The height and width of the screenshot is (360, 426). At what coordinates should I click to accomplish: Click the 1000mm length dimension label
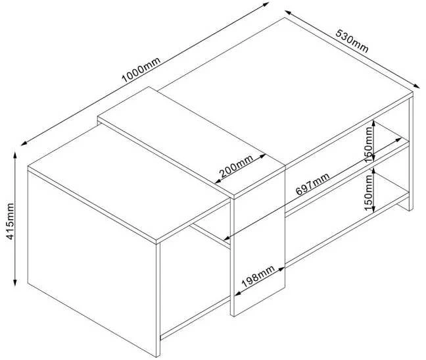[x=141, y=70]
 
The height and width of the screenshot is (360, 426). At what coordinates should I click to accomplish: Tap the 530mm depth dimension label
[x=352, y=41]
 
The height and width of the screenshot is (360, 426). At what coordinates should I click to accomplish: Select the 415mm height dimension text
[x=10, y=221]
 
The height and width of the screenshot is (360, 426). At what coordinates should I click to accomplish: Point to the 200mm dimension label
[x=237, y=166]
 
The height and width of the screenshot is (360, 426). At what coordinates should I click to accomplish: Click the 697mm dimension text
[x=312, y=184]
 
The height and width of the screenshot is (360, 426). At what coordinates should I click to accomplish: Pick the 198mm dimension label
[x=258, y=276]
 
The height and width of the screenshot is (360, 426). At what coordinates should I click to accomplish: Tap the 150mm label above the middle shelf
[x=369, y=144]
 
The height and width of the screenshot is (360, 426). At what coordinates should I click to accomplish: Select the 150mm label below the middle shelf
[x=368, y=193]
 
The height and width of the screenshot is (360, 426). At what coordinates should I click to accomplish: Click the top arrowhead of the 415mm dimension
[x=15, y=155]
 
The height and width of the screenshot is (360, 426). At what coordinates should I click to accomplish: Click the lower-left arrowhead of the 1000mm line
[x=24, y=143]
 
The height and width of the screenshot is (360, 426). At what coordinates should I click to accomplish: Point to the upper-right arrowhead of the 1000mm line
[x=266, y=4]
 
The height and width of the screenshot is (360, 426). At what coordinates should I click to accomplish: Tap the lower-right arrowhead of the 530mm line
[x=417, y=86]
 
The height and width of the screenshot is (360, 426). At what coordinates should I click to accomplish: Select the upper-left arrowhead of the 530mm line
[x=288, y=13]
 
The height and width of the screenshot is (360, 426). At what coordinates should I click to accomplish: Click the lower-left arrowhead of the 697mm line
[x=227, y=238]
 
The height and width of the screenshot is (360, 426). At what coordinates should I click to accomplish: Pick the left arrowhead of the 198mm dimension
[x=238, y=294]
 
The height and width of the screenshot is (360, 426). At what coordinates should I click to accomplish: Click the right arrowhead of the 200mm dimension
[x=262, y=156]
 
